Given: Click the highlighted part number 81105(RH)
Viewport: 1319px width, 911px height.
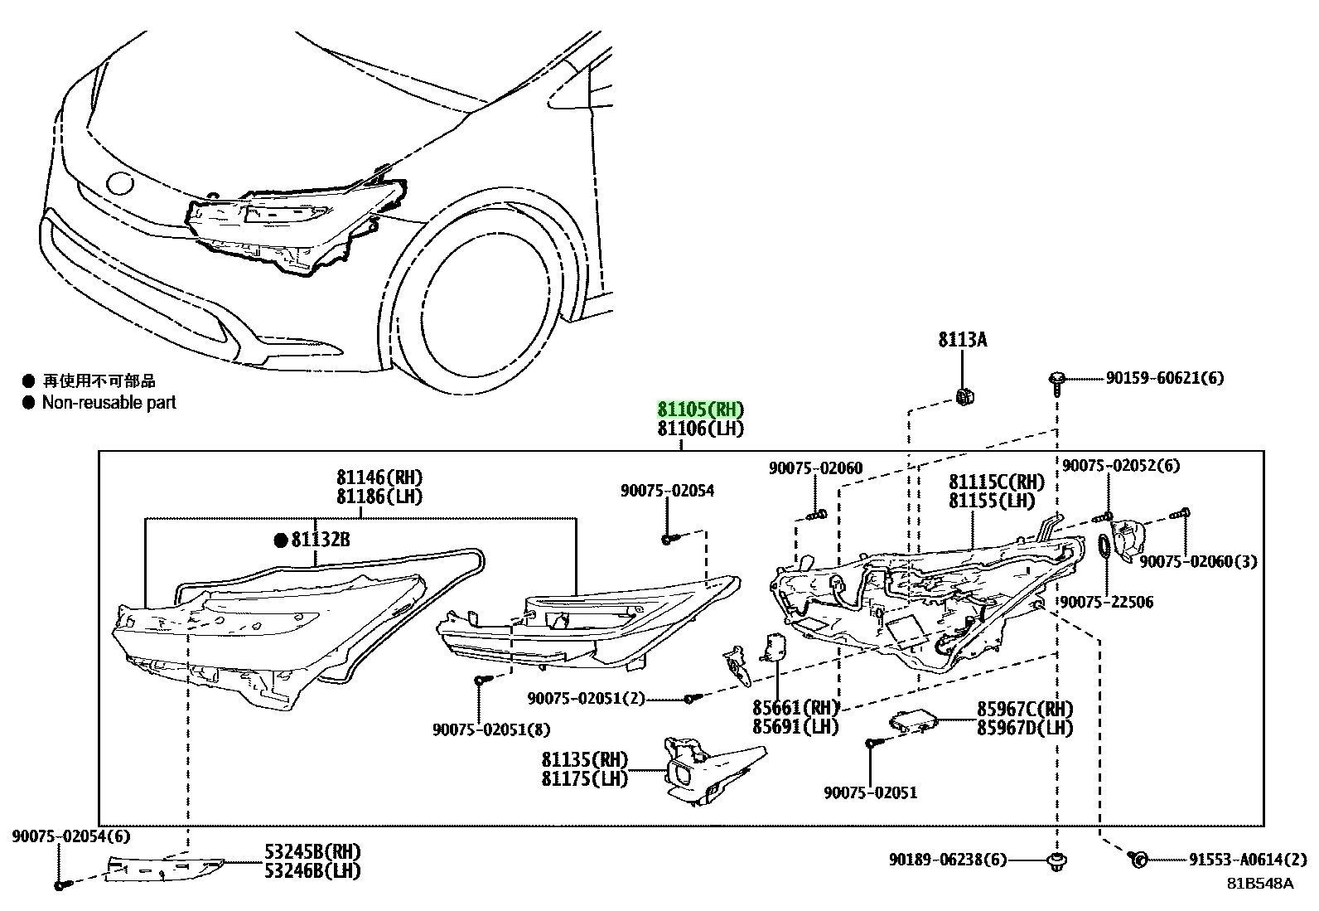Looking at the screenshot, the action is pyautogui.click(x=701, y=409).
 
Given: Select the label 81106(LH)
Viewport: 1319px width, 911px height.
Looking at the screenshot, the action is pyautogui.click(x=701, y=429).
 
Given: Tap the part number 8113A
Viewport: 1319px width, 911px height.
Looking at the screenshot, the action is pyautogui.click(x=963, y=340).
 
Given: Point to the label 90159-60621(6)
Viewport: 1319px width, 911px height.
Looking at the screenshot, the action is pyautogui.click(x=1165, y=378).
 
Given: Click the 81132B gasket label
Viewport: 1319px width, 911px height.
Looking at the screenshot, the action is pyautogui.click(x=321, y=540).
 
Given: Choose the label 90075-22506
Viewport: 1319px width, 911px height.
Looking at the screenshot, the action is pyautogui.click(x=1107, y=602).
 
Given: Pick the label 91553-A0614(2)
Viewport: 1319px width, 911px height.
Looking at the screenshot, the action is pyautogui.click(x=1248, y=860).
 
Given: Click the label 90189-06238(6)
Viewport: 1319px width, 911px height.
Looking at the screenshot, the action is pyautogui.click(x=948, y=860).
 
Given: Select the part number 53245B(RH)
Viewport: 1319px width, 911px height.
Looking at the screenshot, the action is pyautogui.click(x=312, y=851).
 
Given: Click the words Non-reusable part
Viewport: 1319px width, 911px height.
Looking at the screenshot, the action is pyautogui.click(x=109, y=403).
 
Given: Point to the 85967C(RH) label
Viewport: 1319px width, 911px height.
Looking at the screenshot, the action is pyautogui.click(x=1025, y=708).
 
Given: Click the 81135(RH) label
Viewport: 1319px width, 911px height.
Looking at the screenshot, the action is pyautogui.click(x=585, y=759).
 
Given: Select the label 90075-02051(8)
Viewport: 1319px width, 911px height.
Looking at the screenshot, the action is pyautogui.click(x=491, y=729).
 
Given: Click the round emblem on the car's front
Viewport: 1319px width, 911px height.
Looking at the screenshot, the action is pyautogui.click(x=120, y=183).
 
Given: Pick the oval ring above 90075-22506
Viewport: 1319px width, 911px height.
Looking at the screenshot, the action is pyautogui.click(x=1104, y=546).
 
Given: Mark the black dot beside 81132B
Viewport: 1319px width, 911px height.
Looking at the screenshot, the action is pyautogui.click(x=281, y=540).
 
